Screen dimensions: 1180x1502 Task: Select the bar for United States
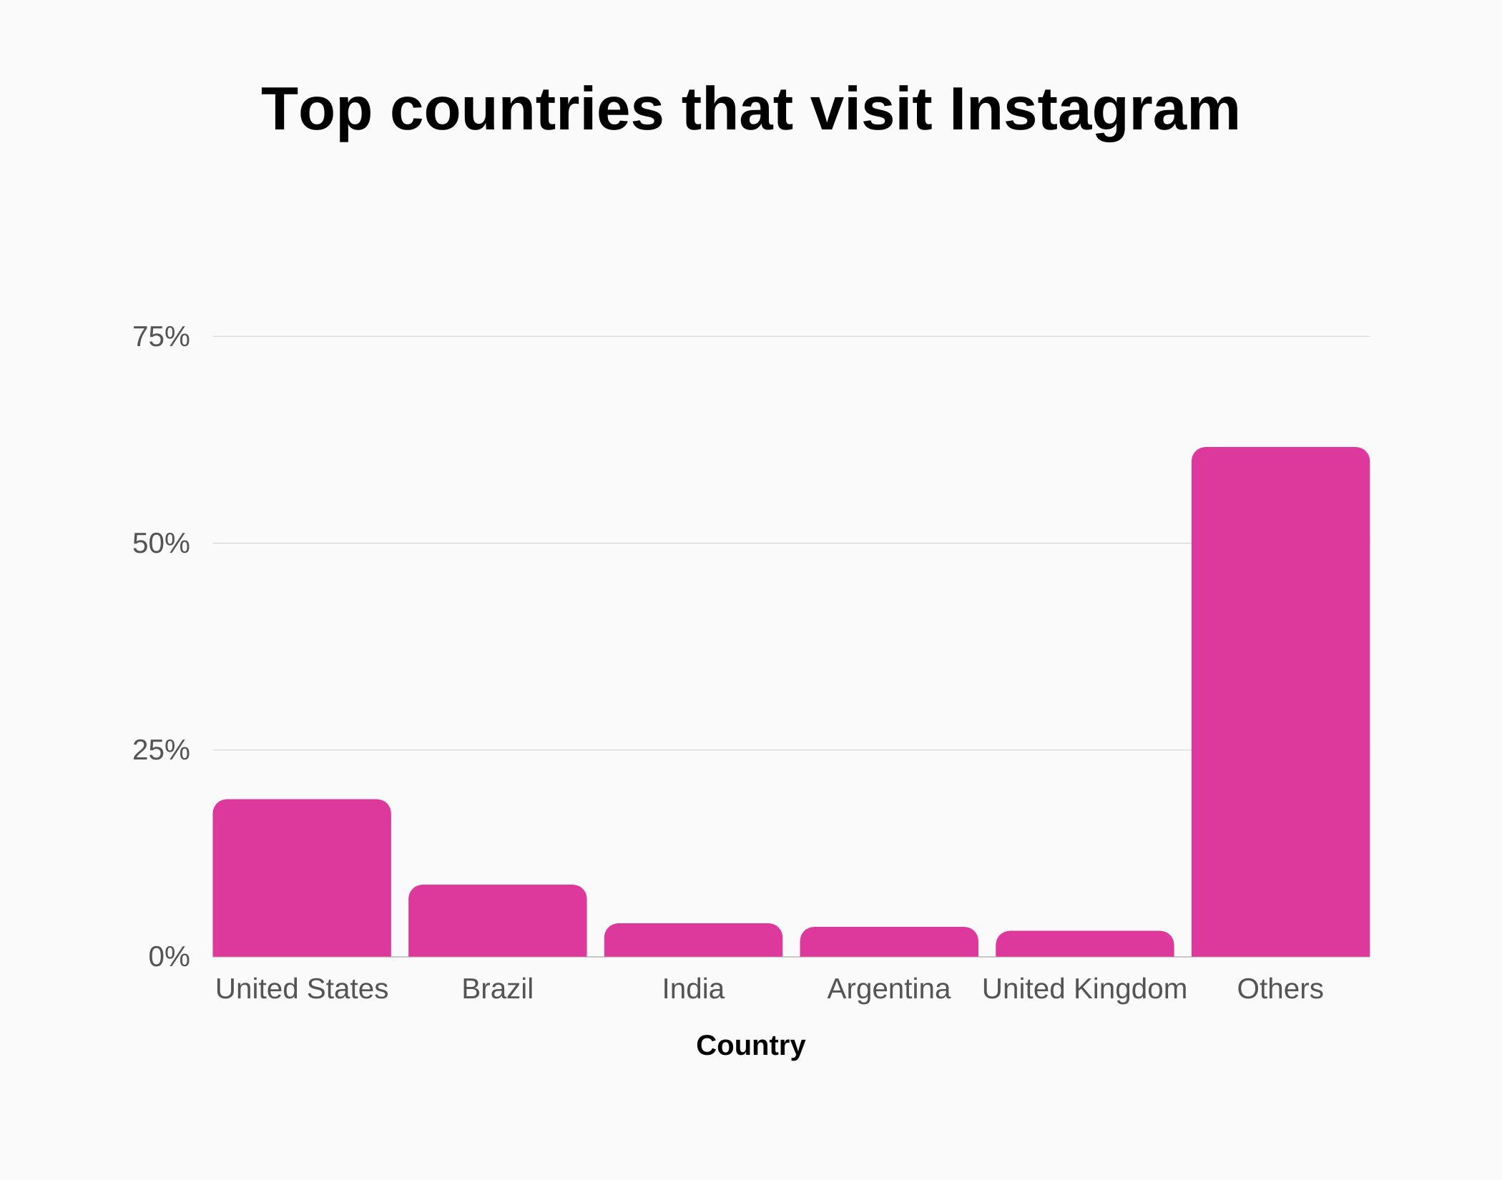[x=302, y=878]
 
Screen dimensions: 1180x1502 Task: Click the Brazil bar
[x=498, y=921]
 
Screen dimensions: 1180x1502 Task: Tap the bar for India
[x=693, y=940]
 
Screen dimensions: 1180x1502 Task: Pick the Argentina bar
[x=889, y=942]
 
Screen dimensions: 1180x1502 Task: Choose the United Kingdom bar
[x=1084, y=944]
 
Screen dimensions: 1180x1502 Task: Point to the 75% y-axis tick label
[x=162, y=337]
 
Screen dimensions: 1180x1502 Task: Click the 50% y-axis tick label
[x=162, y=544]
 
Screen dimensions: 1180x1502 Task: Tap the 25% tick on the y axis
[x=162, y=750]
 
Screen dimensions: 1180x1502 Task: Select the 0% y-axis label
[x=170, y=957]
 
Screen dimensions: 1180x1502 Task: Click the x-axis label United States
[x=302, y=989]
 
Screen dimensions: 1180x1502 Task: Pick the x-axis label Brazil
[x=498, y=989]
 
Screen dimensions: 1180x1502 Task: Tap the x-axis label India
[x=693, y=989]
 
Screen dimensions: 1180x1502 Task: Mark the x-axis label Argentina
[x=889, y=989]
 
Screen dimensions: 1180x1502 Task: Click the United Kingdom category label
[x=1084, y=989]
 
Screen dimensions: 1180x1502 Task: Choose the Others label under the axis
[x=1280, y=989]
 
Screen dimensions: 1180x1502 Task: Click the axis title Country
[x=751, y=1046]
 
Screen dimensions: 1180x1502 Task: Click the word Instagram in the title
[x=1094, y=111]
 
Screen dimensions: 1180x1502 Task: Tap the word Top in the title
[x=316, y=111]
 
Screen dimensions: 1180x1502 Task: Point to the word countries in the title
[x=527, y=111]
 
